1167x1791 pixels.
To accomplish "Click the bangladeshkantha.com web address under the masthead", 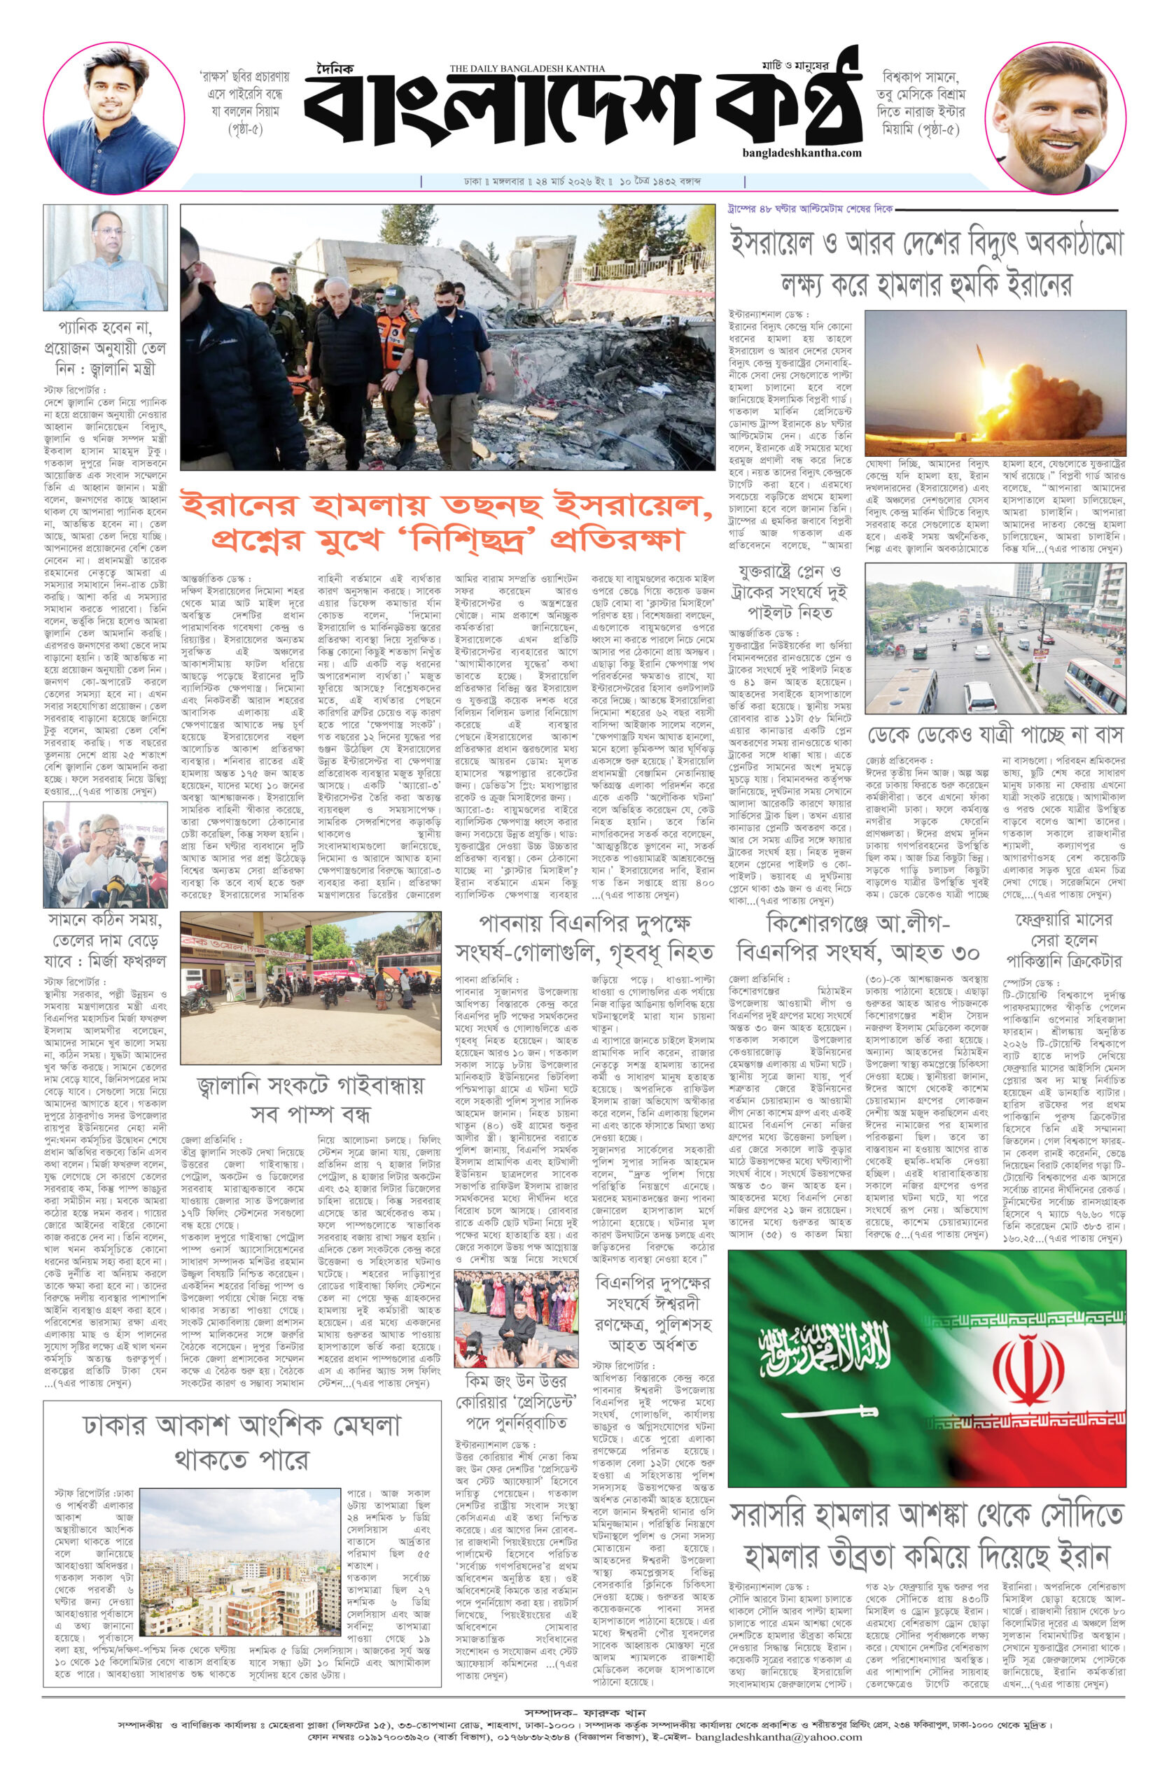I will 801,153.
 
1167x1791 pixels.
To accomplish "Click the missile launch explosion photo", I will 994,382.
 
